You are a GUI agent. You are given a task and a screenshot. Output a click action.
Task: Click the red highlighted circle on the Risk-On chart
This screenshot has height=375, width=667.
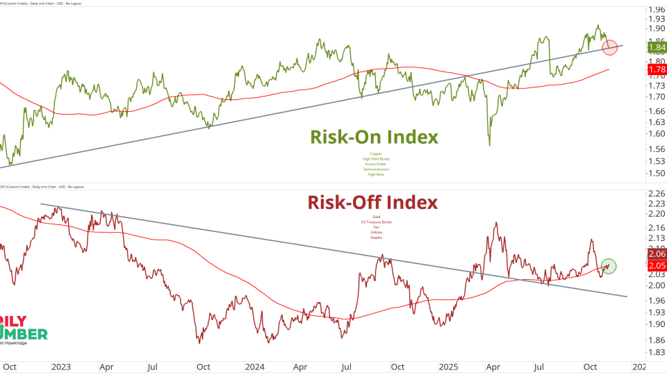610,48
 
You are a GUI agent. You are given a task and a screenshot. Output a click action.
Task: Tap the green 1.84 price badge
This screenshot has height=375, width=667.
656,48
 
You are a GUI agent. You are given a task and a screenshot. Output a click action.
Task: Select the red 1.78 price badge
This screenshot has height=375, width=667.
656,70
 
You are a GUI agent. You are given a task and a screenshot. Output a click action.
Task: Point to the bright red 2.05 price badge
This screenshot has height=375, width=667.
656,266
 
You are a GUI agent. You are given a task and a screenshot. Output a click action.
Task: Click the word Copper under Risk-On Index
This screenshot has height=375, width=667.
376,153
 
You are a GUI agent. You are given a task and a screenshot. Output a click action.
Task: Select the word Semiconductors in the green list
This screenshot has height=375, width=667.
376,169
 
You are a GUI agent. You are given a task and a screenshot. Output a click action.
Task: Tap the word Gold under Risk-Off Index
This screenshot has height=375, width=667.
376,217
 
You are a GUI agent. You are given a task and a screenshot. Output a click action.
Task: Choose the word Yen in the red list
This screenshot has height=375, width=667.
376,227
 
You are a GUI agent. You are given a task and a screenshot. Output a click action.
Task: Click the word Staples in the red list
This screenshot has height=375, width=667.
376,237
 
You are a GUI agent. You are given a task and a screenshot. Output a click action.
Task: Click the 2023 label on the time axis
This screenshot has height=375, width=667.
61,366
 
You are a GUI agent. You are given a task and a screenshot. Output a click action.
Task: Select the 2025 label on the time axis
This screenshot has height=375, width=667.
448,366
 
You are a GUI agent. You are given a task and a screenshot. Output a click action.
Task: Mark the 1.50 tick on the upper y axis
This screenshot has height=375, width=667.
655,174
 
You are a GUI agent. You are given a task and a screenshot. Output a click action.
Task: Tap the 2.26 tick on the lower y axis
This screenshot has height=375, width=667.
655,194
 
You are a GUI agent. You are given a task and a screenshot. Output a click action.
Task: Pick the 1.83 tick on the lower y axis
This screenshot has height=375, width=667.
655,353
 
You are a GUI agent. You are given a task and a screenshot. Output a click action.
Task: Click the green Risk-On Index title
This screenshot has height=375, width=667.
374,137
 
